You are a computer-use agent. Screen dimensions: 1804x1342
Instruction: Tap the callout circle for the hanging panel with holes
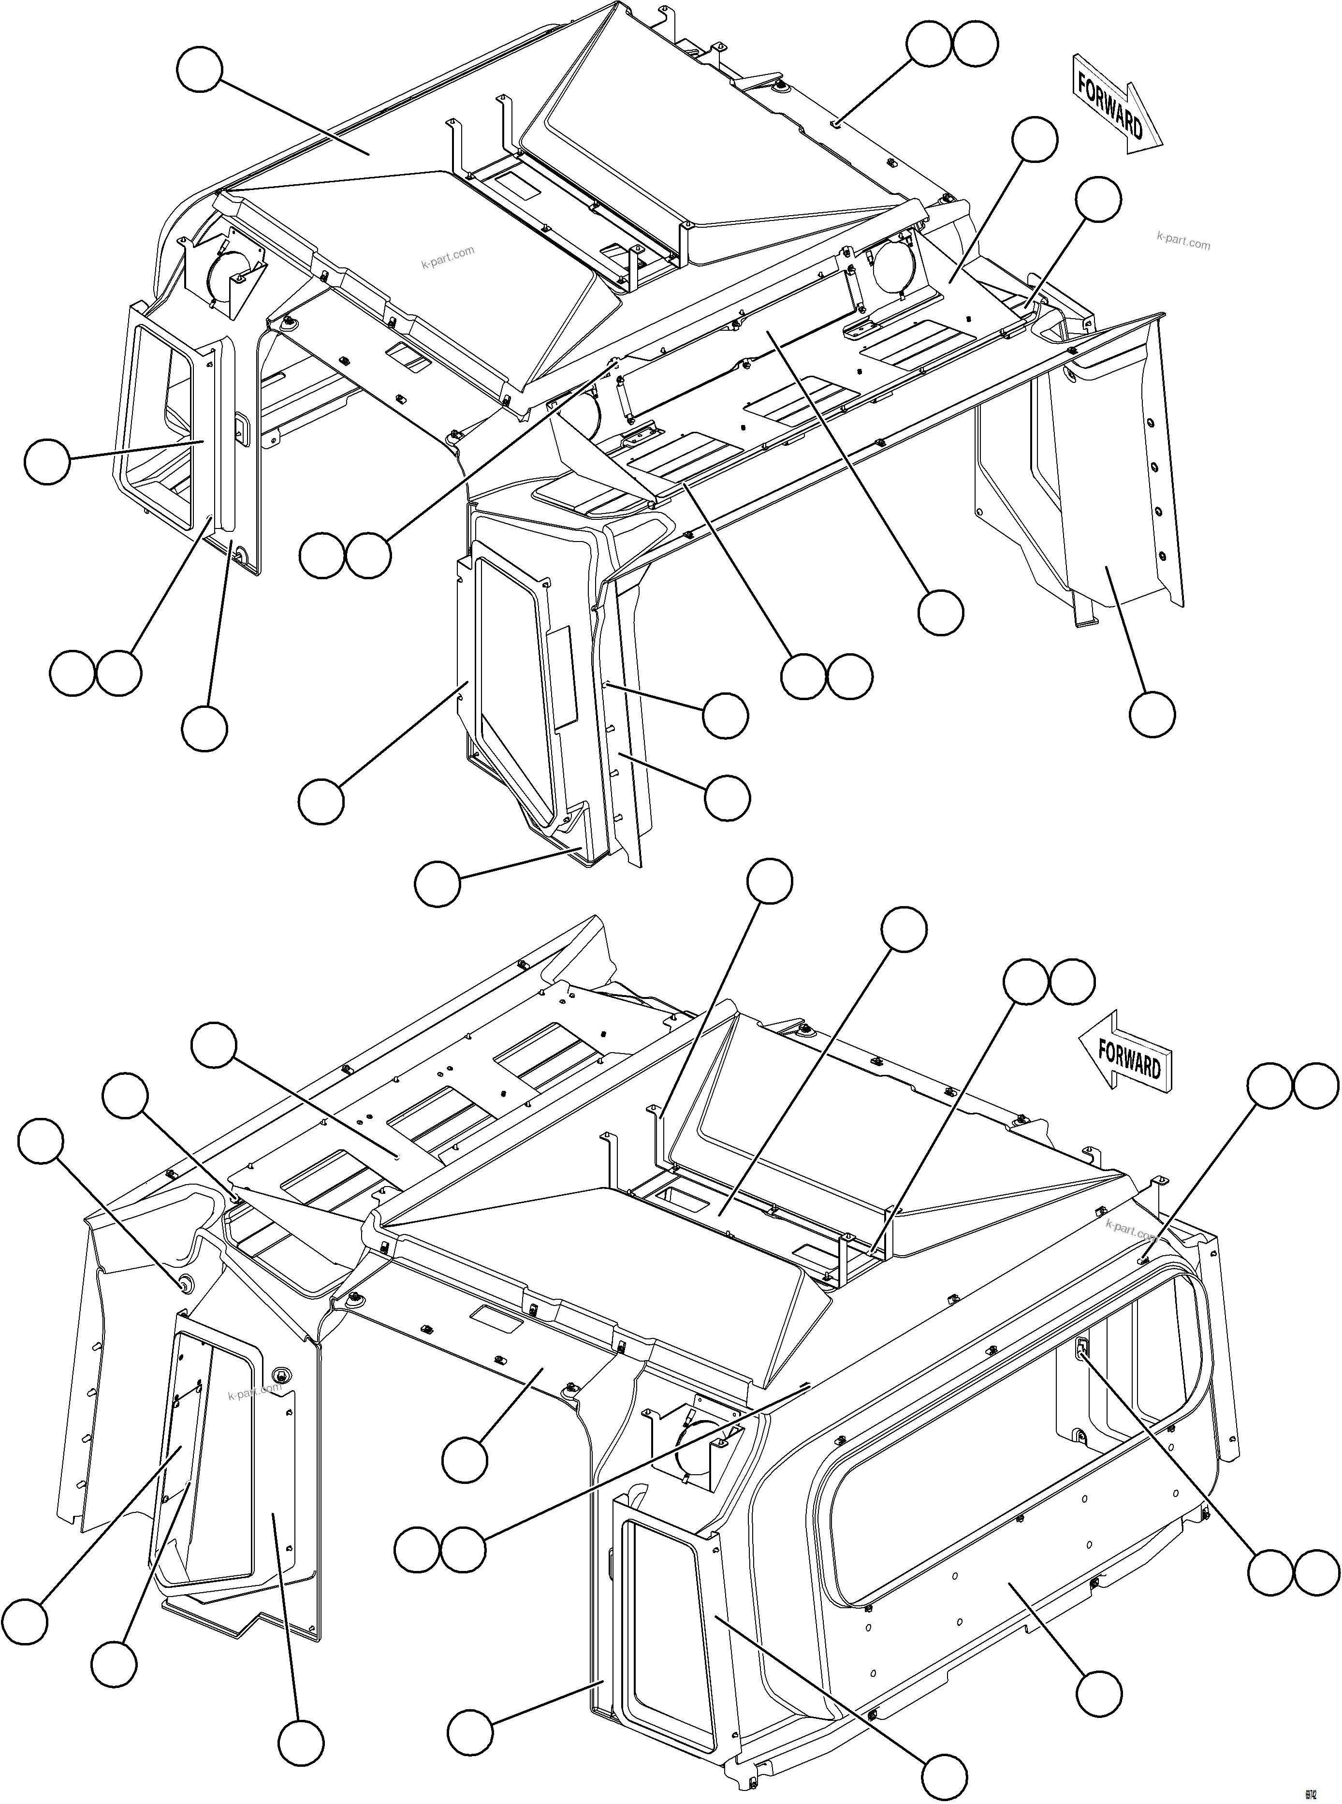click(x=1152, y=714)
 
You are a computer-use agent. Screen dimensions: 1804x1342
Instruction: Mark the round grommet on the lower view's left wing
click(x=184, y=1283)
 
